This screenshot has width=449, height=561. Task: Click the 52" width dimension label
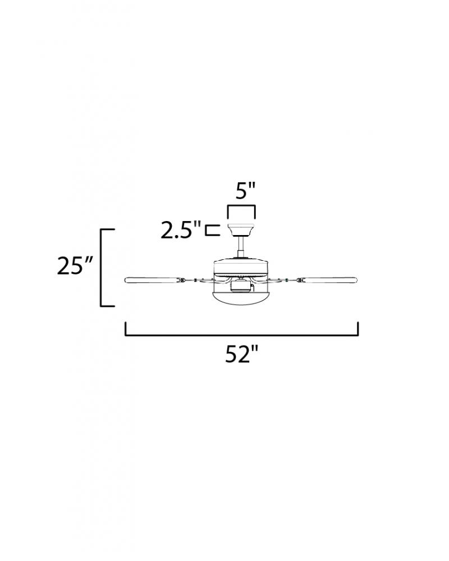coord(241,355)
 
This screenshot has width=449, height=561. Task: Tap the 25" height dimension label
coord(75,265)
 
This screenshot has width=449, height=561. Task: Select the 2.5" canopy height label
coord(181,229)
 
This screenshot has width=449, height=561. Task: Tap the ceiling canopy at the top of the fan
coord(241,229)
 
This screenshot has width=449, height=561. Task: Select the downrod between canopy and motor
coord(241,246)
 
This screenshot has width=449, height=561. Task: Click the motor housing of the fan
coord(241,267)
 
